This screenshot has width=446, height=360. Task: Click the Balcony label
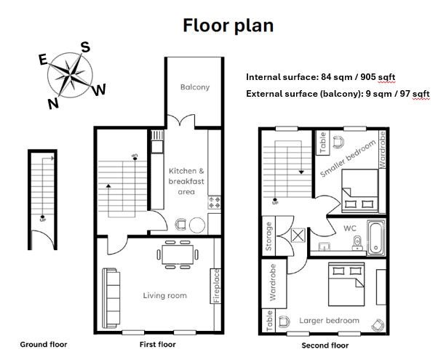[195, 87]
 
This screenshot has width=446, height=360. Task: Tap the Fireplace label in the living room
[217, 286]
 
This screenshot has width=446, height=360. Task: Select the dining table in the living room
[178, 255]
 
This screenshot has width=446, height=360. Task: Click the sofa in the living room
[111, 297]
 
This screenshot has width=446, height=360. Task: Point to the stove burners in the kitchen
[215, 202]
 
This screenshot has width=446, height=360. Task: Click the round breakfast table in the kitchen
[197, 225]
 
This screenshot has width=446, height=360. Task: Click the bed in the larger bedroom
[346, 284]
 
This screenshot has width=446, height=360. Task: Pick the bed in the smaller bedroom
[360, 191]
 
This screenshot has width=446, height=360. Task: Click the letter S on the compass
[85, 47]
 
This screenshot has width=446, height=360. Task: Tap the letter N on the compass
[53, 103]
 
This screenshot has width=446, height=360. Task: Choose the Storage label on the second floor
[268, 236]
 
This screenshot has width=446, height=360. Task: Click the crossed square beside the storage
[298, 235]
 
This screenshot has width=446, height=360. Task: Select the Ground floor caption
[44, 344]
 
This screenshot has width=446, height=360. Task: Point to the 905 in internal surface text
[368, 77]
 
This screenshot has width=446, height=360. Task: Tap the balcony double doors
[180, 119]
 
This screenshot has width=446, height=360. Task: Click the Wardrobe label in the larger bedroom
[273, 282]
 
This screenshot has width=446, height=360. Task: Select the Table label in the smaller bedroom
[322, 143]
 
